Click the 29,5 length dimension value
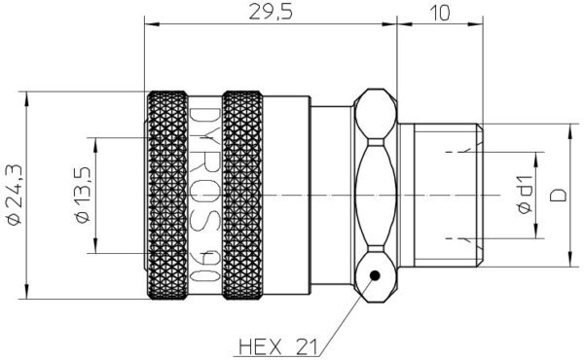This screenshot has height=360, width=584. pos(271,12)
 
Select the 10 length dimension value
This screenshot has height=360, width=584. pos(440,13)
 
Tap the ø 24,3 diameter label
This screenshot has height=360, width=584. pos(15,195)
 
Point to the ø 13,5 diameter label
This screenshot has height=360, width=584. pos(83,195)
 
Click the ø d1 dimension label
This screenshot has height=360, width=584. pos(525,195)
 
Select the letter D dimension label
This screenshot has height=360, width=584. pos(558,195)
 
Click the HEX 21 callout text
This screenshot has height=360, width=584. pos(278,347)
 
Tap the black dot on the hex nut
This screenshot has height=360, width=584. pos(375,275)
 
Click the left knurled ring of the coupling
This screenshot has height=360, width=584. pos(167,195)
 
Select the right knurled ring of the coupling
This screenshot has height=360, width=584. pos(242,195)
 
